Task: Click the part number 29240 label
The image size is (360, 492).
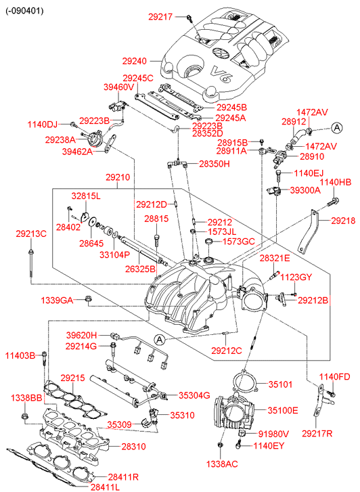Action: tap(135, 61)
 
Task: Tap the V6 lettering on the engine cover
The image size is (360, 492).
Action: tap(221, 74)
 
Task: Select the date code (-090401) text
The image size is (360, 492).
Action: tap(24, 11)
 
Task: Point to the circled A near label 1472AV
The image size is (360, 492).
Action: tap(337, 128)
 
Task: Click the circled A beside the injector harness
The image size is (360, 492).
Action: tap(160, 340)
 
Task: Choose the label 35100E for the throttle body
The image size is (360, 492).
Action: tap(282, 410)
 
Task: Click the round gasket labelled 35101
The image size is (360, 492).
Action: tap(246, 380)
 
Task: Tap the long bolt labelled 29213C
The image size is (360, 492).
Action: tap(30, 263)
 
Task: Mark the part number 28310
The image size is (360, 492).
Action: tap(134, 446)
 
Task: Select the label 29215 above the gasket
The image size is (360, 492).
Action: tap(73, 378)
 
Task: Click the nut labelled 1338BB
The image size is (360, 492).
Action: tap(24, 418)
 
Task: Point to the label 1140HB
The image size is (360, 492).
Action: tap(336, 182)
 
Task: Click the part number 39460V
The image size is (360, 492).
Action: tap(118, 87)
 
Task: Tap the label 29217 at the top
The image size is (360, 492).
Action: tap(160, 17)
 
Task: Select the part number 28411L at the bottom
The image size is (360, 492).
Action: tap(105, 487)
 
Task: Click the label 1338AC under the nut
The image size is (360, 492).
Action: tap(222, 464)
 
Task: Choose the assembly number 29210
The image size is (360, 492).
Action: tap(118, 177)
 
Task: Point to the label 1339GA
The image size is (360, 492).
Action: tap(57, 300)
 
